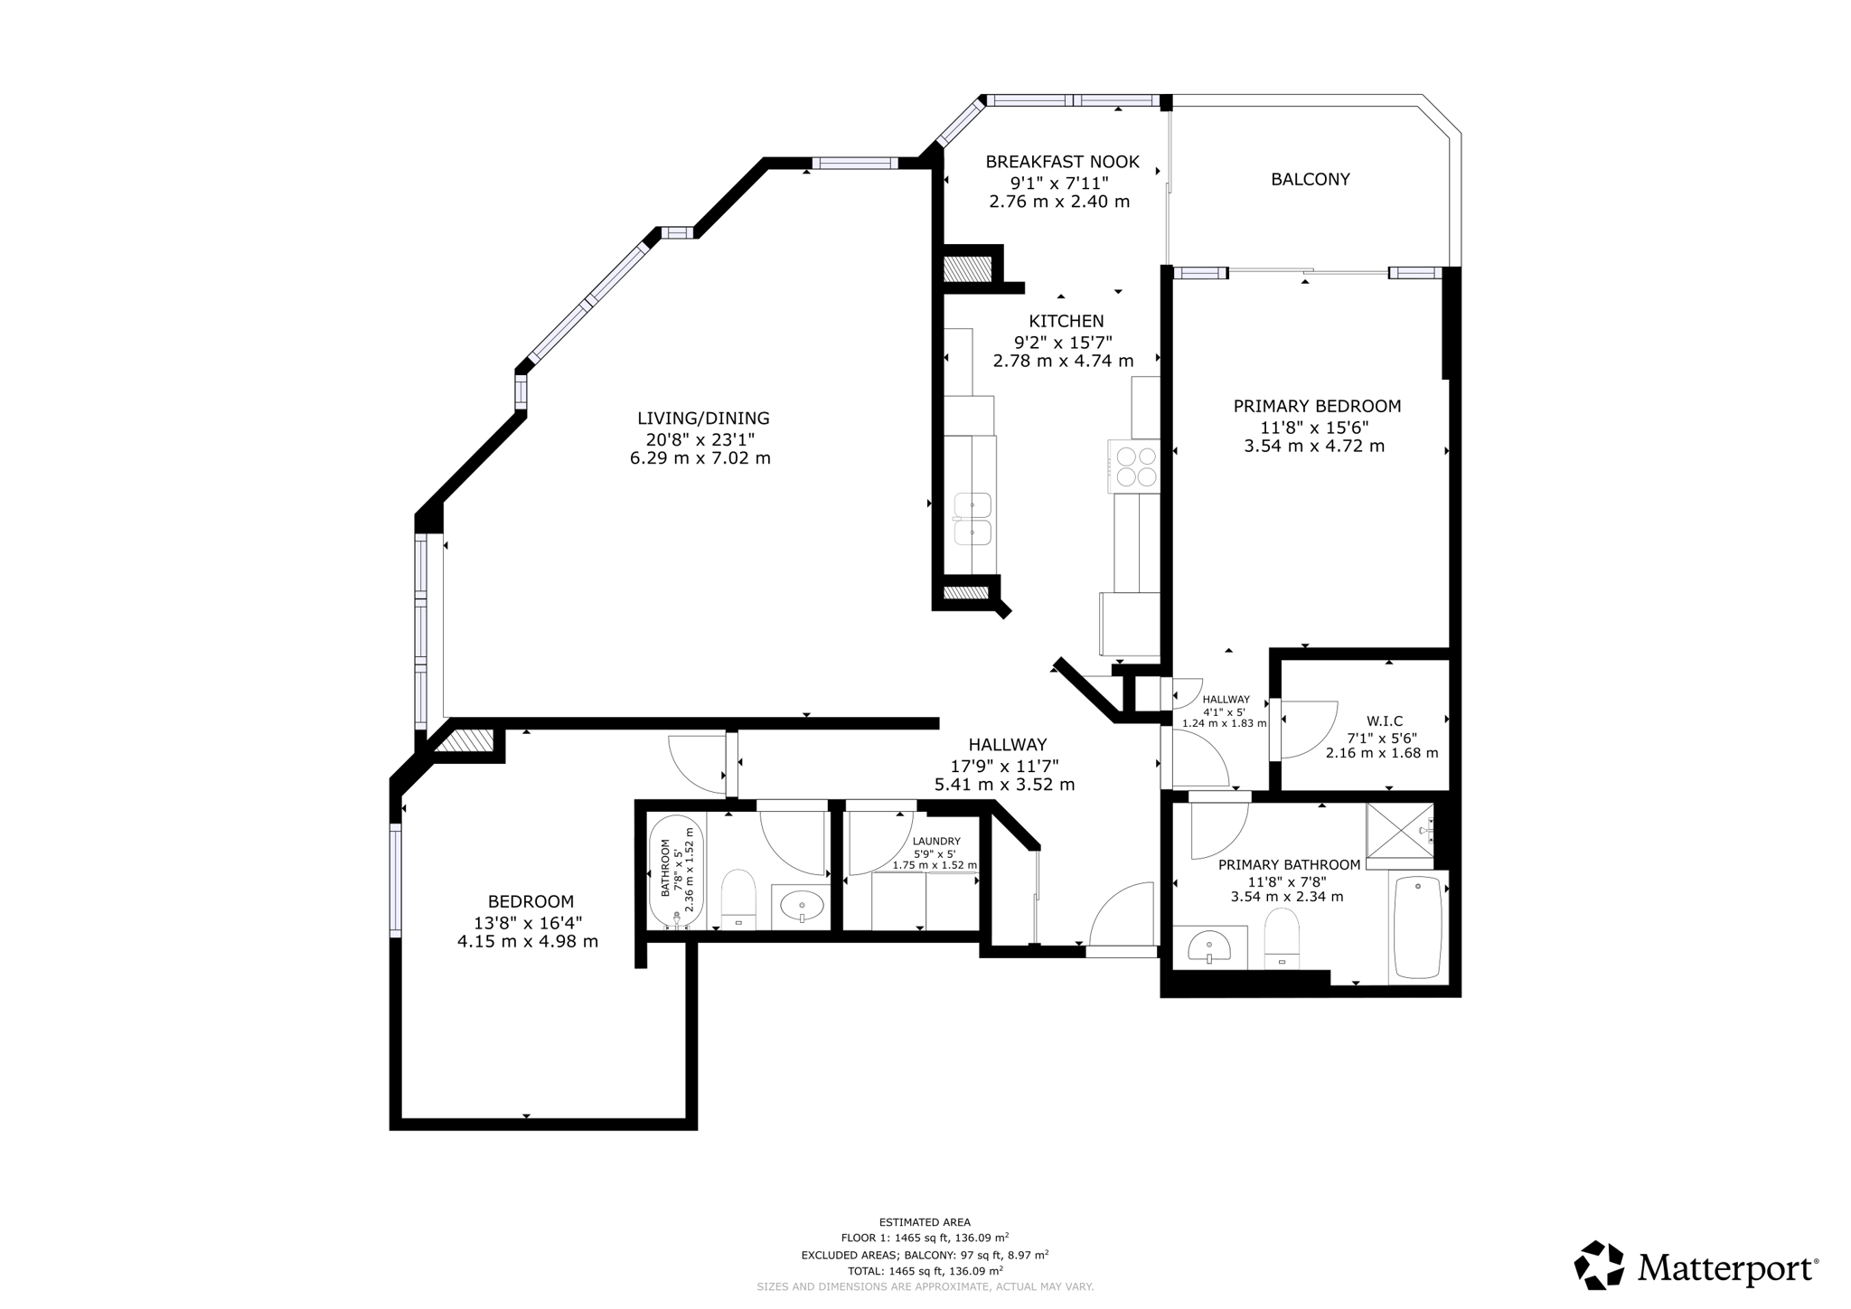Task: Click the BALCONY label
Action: click(1310, 179)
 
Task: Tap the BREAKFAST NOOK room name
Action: click(1062, 162)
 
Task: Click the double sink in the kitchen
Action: click(972, 519)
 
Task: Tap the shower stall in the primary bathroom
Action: click(1399, 831)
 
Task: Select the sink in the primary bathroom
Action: click(1209, 947)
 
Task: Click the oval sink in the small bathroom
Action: click(801, 905)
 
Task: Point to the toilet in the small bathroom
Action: click(738, 898)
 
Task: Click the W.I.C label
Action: click(1384, 720)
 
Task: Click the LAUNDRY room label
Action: click(936, 841)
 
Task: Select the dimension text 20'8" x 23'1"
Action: click(700, 439)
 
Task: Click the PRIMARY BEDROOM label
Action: click(1317, 407)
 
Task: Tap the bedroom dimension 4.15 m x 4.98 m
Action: click(527, 941)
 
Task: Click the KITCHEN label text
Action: click(1066, 321)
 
